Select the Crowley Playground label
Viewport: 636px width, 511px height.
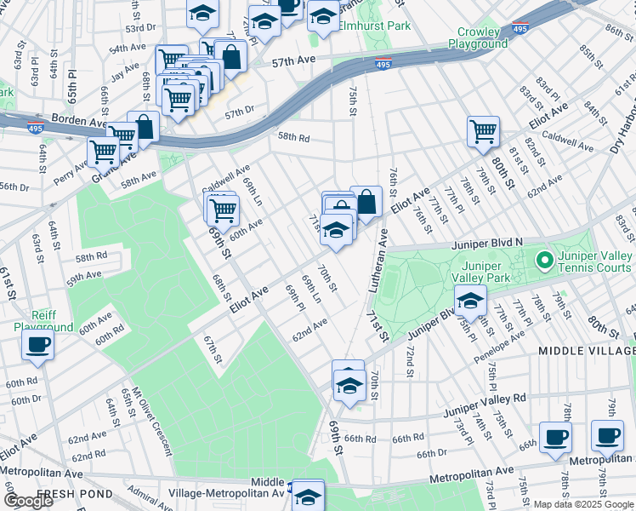point(473,37)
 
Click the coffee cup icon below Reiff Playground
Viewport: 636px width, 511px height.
point(37,345)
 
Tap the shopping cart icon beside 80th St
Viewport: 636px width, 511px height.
point(483,131)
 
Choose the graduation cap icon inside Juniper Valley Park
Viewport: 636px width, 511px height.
point(470,300)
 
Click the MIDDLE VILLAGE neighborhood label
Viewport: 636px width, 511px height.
point(586,351)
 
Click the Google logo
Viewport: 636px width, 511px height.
point(28,500)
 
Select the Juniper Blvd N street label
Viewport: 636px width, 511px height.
point(482,243)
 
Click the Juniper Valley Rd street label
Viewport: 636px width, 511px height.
point(484,405)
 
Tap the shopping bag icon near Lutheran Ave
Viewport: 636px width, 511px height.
point(366,202)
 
